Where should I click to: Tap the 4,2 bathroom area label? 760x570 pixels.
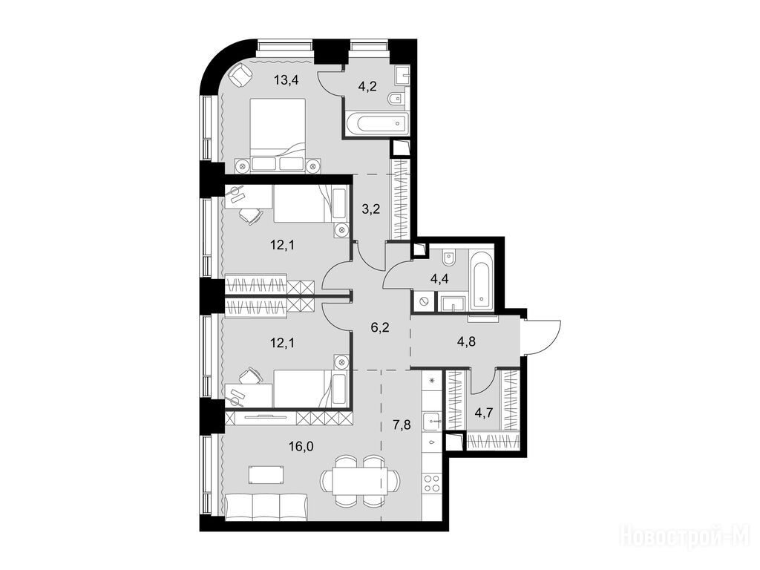(368, 87)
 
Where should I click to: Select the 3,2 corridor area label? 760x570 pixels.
(372, 209)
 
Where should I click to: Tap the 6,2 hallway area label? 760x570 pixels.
(380, 327)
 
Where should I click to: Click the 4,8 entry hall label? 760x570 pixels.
(467, 341)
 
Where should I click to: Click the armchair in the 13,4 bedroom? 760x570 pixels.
(240, 76)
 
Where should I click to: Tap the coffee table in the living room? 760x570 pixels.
(266, 474)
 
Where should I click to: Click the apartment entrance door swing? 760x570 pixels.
(541, 338)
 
